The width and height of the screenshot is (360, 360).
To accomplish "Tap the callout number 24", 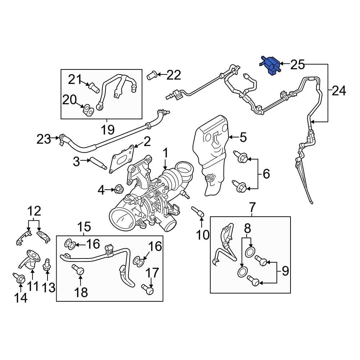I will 338,91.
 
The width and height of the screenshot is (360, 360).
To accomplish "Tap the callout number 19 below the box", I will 107,128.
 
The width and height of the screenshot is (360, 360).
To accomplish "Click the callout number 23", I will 44,139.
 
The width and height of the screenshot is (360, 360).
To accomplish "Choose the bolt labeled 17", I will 147,288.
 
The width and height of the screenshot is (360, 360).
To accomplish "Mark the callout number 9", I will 285,271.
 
